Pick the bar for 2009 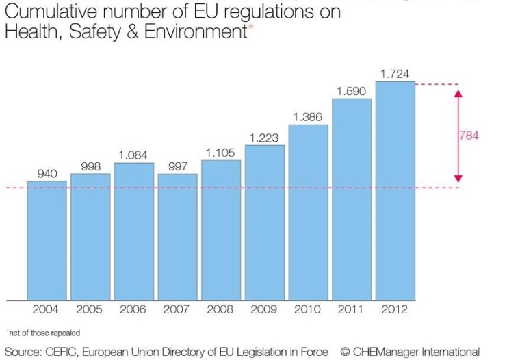(265, 222)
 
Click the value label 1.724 (395, 74)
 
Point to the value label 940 (47, 174)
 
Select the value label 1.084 (133, 155)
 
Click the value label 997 (178, 166)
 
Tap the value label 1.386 (308, 117)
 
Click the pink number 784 (469, 136)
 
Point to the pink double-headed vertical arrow (458, 136)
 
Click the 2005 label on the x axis (90, 309)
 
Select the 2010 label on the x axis (308, 309)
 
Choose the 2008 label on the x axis (221, 309)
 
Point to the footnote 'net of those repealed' (43, 333)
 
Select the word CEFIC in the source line (62, 352)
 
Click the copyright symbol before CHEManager (346, 352)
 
